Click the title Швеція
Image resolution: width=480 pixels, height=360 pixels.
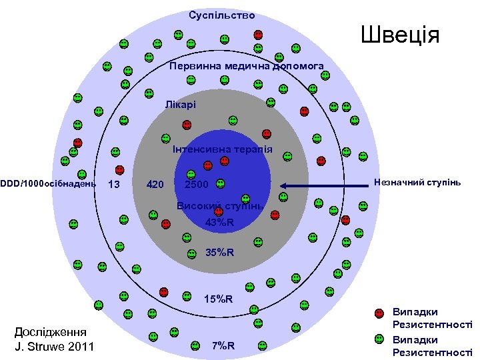(x=400, y=35)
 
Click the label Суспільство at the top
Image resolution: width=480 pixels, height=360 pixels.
(x=221, y=15)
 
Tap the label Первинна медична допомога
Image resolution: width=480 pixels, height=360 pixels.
(x=246, y=67)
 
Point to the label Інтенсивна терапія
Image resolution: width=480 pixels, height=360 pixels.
(x=222, y=149)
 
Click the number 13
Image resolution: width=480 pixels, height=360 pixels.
(x=114, y=185)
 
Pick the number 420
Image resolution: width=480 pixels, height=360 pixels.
(x=155, y=185)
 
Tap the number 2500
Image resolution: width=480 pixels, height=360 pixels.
(x=196, y=185)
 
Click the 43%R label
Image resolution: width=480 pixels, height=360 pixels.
(x=219, y=222)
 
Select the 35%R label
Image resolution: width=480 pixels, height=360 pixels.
(x=220, y=253)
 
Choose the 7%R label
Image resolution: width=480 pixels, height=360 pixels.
(x=223, y=345)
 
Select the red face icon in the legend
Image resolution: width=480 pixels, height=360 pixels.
(x=379, y=313)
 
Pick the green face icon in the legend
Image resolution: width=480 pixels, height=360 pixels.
(x=379, y=339)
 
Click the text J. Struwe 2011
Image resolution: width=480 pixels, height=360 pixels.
(x=55, y=346)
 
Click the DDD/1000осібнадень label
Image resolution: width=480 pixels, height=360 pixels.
(x=48, y=183)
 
